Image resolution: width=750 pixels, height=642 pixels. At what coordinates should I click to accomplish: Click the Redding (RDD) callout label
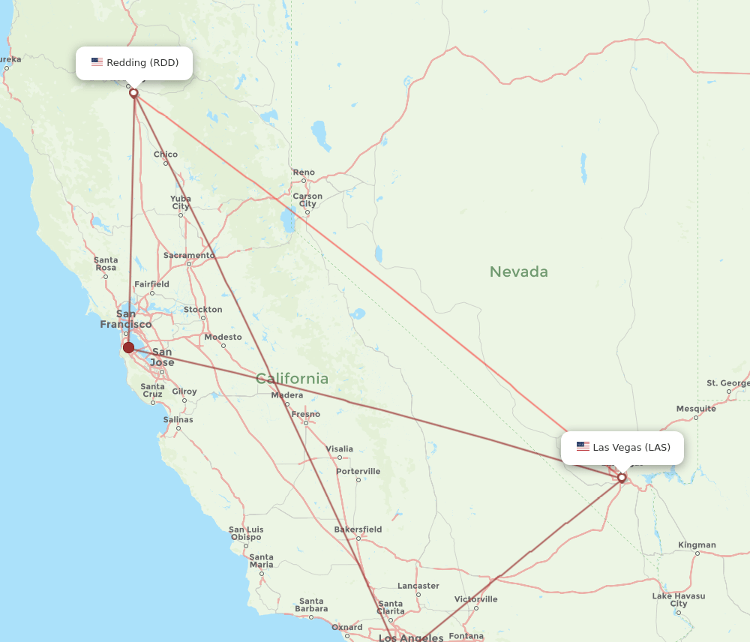[x=134, y=63]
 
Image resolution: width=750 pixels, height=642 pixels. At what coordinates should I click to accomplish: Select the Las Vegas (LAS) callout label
[x=622, y=448]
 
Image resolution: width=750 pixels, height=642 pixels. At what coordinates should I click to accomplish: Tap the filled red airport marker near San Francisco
[x=129, y=347]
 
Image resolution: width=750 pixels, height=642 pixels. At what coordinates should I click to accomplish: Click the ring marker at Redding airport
[x=133, y=93]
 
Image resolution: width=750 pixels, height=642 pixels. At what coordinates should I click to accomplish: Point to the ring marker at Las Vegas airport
[x=622, y=478]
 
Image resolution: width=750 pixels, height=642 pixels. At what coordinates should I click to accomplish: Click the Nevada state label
[x=518, y=271]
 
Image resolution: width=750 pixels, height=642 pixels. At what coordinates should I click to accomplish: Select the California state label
[x=292, y=379]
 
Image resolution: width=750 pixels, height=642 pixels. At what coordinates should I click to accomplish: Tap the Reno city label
[x=304, y=172]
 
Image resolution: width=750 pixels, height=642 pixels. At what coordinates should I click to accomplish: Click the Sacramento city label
[x=189, y=255]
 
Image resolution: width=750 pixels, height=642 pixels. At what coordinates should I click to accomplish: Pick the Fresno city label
[x=306, y=414]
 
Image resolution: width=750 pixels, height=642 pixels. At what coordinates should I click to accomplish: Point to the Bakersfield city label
[x=358, y=529]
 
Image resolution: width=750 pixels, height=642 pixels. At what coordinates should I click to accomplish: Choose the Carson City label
[x=307, y=200]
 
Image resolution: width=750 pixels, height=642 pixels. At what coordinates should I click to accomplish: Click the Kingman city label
[x=697, y=545]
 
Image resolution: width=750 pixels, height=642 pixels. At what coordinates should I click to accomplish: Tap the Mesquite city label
[x=696, y=409]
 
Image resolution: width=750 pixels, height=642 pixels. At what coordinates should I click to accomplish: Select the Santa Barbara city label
[x=310, y=605]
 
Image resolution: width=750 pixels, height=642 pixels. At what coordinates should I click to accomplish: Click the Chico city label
[x=166, y=154]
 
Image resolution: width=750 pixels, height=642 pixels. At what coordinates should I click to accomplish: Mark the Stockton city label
[x=202, y=310]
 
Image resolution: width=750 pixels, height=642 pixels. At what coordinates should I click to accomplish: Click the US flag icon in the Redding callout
[x=97, y=62]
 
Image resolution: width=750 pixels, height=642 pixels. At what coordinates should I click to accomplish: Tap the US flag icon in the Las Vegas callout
[x=583, y=447]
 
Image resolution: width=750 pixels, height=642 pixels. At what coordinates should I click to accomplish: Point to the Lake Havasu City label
[x=679, y=600]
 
